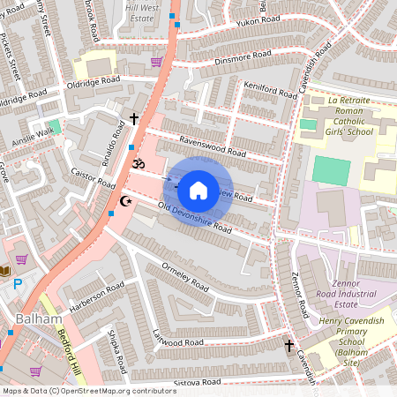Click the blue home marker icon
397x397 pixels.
coord(198,190)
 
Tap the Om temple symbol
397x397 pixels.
coord(137,164)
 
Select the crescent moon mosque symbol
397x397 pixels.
coord(125,202)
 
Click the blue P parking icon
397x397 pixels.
coord(18,284)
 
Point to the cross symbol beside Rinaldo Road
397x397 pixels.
coord(135,118)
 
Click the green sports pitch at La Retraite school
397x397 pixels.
coord(331,170)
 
